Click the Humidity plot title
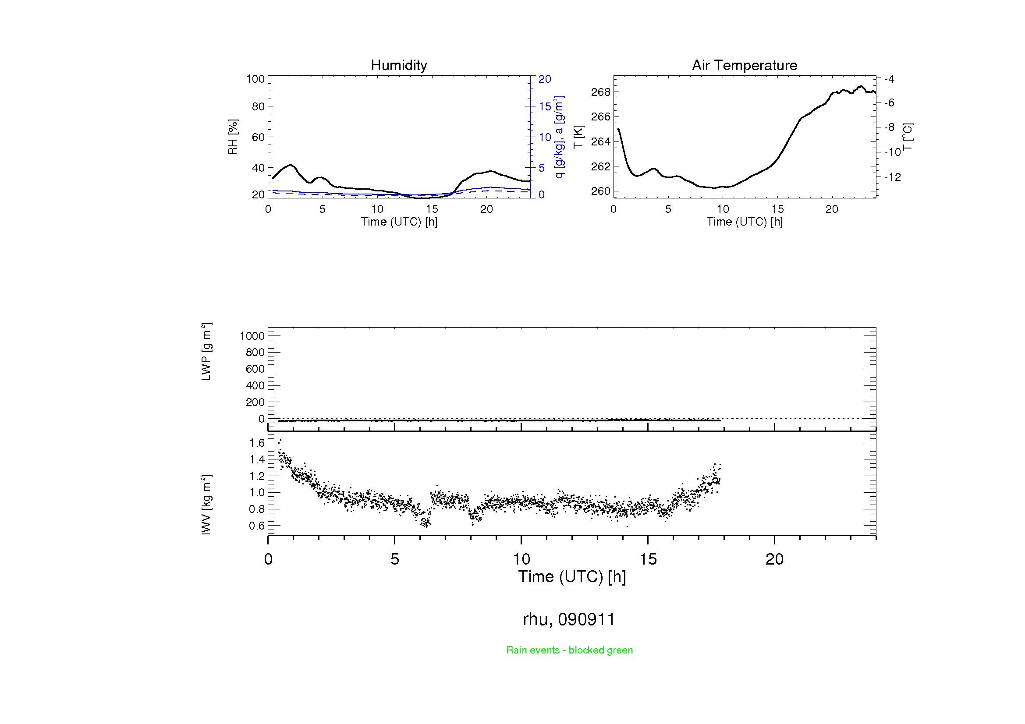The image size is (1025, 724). pos(399,66)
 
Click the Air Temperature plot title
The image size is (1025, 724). pos(744,66)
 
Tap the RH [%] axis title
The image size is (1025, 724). pos(233,137)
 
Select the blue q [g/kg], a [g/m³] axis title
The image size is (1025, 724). pos(559,137)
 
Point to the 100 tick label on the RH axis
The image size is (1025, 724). pos(255,79)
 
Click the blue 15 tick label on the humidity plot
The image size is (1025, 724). pos(545,106)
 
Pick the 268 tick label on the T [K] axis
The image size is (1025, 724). pos(600,92)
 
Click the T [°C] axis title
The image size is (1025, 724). pos(908,137)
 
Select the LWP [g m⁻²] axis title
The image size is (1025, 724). pos(206,352)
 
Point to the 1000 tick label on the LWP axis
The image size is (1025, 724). pos(252,336)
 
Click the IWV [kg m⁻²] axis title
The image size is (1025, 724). pos(206,505)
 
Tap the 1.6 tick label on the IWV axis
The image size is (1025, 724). pos(257,443)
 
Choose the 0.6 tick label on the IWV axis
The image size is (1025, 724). pos(257,526)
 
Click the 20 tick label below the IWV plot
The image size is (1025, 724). pos(774,559)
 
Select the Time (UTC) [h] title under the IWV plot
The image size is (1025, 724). pos(572,577)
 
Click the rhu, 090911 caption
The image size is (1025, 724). pos(569,619)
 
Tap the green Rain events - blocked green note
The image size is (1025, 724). pos(569,650)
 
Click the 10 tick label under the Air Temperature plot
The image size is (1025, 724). pos(723,209)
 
